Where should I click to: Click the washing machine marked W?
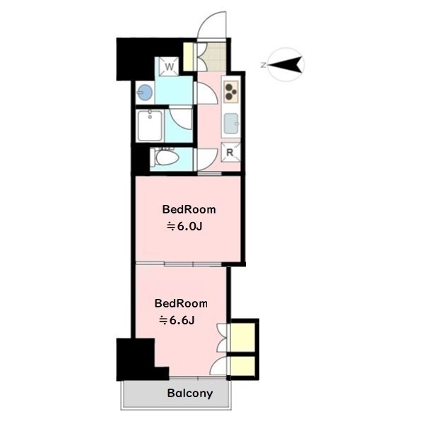(x=169, y=66)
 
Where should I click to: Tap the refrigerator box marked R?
(x=230, y=152)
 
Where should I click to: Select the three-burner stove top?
(x=231, y=91)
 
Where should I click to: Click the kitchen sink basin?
(x=232, y=124)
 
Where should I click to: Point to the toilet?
(x=165, y=158)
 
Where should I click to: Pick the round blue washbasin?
(x=145, y=92)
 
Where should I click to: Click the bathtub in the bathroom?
(x=150, y=126)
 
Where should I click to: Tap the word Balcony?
(x=190, y=394)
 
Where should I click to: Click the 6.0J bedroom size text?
(x=184, y=227)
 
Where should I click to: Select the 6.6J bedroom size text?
(x=177, y=321)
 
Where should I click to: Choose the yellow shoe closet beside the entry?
(x=189, y=57)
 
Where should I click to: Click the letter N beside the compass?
(x=263, y=65)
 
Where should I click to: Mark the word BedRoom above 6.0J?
(x=189, y=210)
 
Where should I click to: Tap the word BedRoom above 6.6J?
(x=181, y=303)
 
